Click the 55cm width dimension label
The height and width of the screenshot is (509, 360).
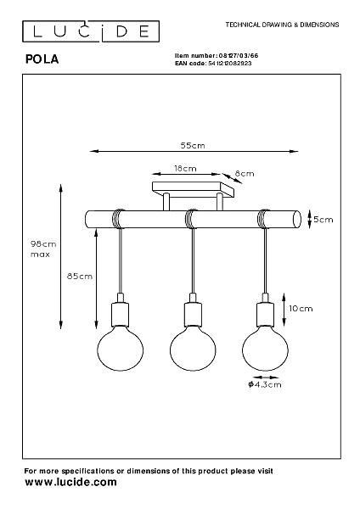coord(193,145)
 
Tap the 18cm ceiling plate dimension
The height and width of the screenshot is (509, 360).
coord(185,169)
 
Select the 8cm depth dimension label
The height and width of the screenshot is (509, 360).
coord(245,174)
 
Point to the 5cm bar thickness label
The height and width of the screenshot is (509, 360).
coord(323,220)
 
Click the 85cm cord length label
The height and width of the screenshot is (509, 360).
coord(80,277)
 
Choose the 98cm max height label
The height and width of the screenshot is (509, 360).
coord(43,249)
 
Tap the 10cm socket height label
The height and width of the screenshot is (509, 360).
coord(301,309)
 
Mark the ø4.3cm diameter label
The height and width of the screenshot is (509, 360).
coord(264,384)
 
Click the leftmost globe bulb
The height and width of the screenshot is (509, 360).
coord(121,349)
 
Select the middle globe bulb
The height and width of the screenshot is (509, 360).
coord(193,349)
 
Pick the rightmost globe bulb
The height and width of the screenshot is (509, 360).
coord(265,349)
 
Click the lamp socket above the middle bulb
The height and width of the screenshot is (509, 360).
coord(193,314)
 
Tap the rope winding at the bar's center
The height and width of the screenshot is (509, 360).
coord(191,219)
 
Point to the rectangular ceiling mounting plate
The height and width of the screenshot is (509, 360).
coord(193,189)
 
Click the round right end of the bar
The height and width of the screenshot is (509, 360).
coord(297,220)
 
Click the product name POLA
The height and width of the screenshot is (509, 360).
coord(42,59)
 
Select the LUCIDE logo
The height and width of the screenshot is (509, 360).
coord(91,31)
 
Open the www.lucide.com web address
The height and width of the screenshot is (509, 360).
coord(70,482)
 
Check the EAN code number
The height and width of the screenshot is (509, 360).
coord(230,64)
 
